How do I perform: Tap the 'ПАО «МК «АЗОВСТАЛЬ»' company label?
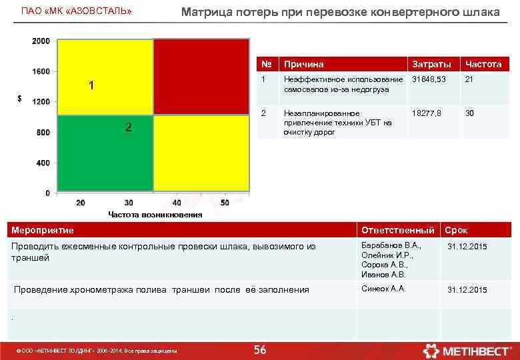pyautogui.click(x=77, y=12)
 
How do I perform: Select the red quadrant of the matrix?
pyautogui.click(x=201, y=77)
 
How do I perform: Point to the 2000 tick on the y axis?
pyautogui.click(x=41, y=41)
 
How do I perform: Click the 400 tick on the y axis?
pyautogui.click(x=43, y=163)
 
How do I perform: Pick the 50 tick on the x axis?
pyautogui.click(x=225, y=203)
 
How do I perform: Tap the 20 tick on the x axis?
pyautogui.click(x=81, y=203)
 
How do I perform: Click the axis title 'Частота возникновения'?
pyautogui.click(x=155, y=215)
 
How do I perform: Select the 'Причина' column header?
pyautogui.click(x=304, y=65)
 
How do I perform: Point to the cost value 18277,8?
pyautogui.click(x=427, y=113)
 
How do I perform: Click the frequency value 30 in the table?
pyautogui.click(x=470, y=113)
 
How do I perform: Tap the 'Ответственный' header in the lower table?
pyautogui.click(x=399, y=231)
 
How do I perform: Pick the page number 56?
pyautogui.click(x=260, y=350)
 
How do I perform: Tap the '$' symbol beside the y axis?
pyautogui.click(x=19, y=99)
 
